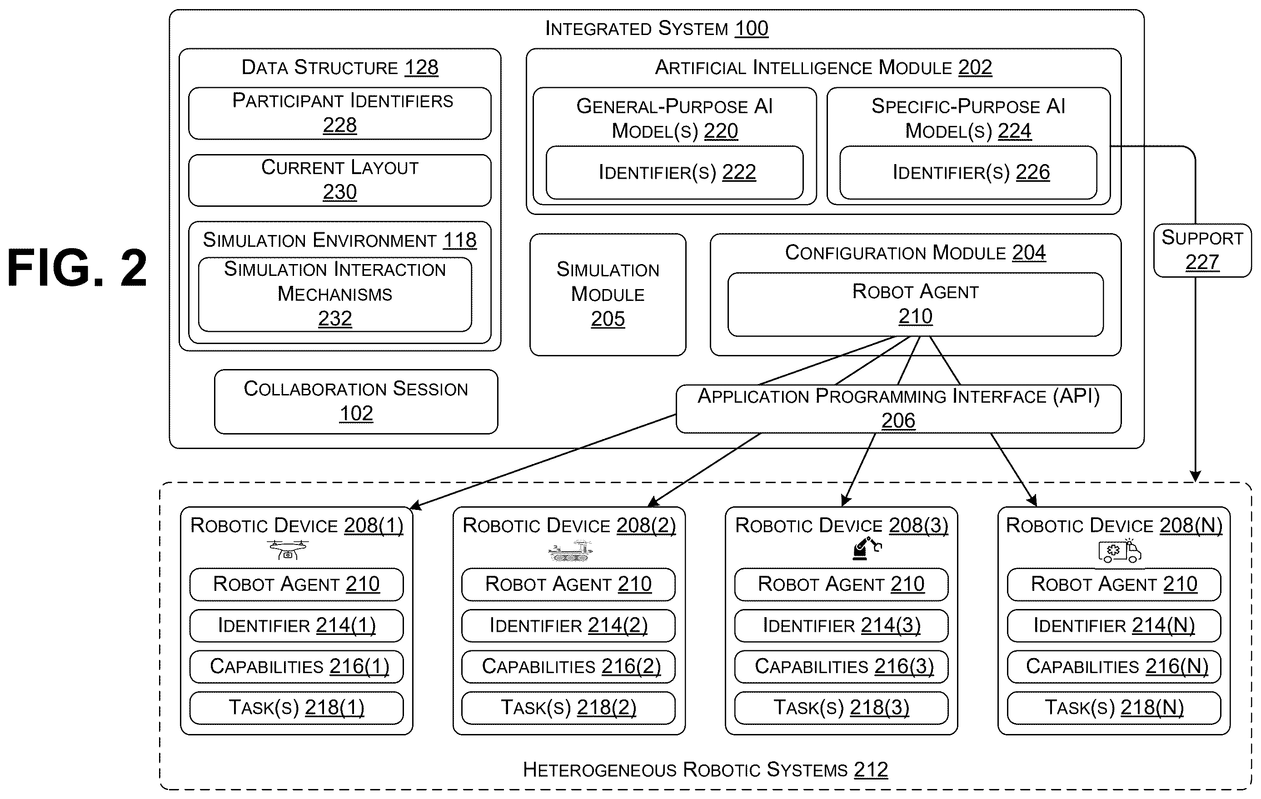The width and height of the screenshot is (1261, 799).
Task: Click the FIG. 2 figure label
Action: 77,268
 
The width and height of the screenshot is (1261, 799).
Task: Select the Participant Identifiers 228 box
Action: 339,113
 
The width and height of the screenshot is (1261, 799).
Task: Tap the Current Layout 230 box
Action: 339,180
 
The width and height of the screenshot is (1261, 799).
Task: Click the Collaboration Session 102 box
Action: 356,402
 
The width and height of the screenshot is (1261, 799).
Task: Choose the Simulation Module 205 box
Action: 608,295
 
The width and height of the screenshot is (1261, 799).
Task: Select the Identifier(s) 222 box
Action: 674,172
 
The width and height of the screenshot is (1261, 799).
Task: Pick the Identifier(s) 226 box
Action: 968,172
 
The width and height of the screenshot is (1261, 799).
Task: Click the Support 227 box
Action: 1202,250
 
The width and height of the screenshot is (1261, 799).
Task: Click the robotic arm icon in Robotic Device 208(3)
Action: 867,548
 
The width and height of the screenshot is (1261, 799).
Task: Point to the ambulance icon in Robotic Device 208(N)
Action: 1120,551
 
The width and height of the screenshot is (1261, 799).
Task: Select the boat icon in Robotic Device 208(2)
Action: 570,551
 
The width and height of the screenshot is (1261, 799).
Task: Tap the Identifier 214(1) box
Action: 296,625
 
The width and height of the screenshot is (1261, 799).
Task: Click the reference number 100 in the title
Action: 752,28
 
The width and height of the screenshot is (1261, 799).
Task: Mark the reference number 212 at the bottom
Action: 871,769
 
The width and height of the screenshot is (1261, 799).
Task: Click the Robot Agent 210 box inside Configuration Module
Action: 915,304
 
